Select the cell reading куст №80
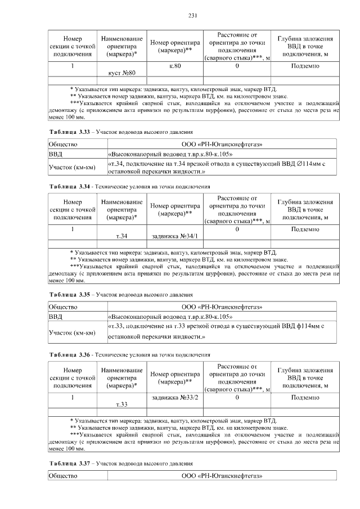pos(122,73)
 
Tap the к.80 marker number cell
pos(175,66)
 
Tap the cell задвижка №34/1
pos(175,236)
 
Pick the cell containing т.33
pos(122,404)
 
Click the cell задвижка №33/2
pos(175,398)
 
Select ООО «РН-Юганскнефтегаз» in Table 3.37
pos(222,476)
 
